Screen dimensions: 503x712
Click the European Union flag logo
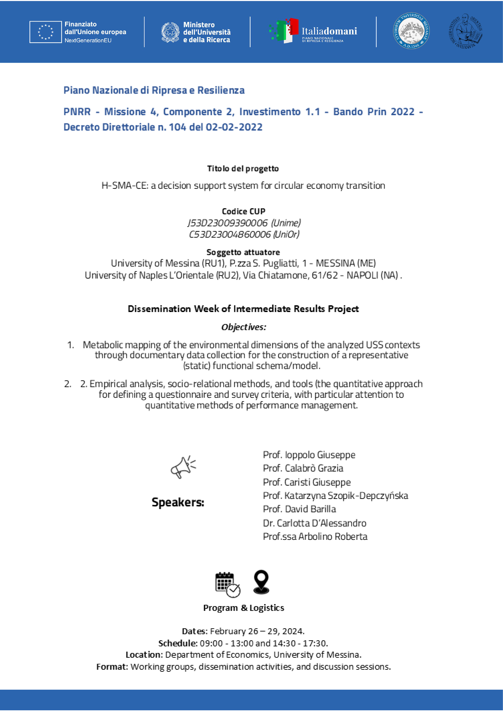tap(46, 32)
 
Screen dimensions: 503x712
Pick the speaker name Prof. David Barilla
tap(299, 509)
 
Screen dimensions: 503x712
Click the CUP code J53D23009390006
tap(227, 223)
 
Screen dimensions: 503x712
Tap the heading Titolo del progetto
tap(243, 169)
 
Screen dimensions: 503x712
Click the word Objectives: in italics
tap(244, 327)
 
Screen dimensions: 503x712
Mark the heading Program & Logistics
tap(244, 608)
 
